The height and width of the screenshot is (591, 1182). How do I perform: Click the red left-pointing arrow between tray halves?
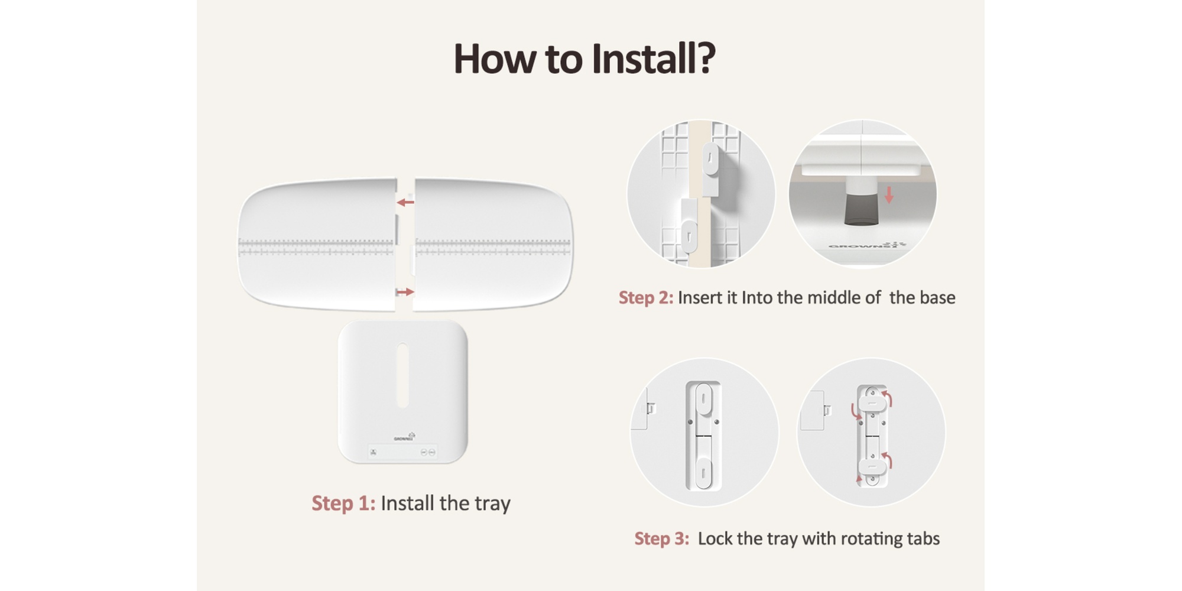tap(405, 203)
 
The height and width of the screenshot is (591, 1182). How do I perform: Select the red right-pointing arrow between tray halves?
tap(405, 292)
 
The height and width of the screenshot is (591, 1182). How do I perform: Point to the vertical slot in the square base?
tap(402, 375)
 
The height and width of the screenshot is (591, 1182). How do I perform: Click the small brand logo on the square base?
tap(405, 437)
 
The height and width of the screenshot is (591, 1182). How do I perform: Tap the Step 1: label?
tap(343, 503)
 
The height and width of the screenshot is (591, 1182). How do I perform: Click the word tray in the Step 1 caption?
tap(492, 504)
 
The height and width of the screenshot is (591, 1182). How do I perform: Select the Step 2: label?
tap(646, 297)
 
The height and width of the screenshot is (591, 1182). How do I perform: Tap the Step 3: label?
tap(662, 538)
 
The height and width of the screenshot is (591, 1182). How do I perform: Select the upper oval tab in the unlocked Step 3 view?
tap(703, 400)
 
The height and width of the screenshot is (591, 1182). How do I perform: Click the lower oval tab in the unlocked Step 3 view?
tap(703, 472)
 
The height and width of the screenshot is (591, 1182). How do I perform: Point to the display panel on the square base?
tap(402, 452)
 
